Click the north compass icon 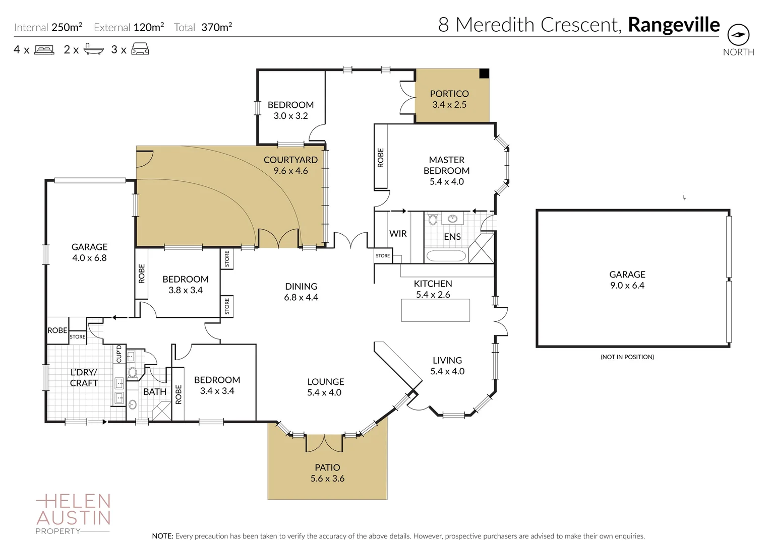(738, 35)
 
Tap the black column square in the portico (484, 73)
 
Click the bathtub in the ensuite (446, 256)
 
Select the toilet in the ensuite (433, 219)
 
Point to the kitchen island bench (436, 310)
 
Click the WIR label (398, 234)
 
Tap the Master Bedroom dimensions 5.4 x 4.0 (447, 182)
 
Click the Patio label (327, 467)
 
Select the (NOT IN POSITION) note (627, 357)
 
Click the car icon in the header (140, 49)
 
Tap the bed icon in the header (44, 50)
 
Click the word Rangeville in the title (674, 25)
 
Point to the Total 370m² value (216, 27)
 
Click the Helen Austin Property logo (73, 514)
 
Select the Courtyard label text (290, 160)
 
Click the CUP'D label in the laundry (119, 354)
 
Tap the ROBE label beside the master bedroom (381, 158)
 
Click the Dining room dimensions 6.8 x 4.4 (301, 297)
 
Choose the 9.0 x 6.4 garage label (627, 286)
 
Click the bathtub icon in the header (94, 49)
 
